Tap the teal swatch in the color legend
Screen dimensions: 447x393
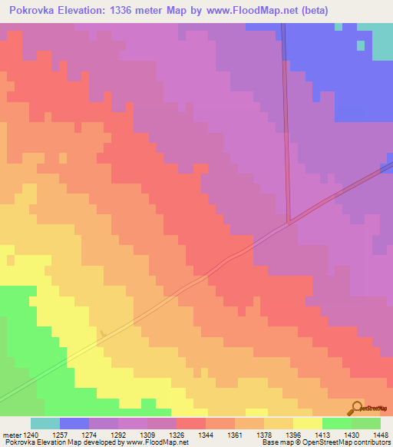click(45, 423)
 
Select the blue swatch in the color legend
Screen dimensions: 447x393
click(74, 423)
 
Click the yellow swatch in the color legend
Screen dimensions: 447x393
click(308, 423)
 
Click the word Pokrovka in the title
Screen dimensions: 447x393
click(34, 11)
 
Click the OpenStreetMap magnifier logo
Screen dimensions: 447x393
click(355, 408)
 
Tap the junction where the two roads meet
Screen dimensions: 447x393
click(289, 222)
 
